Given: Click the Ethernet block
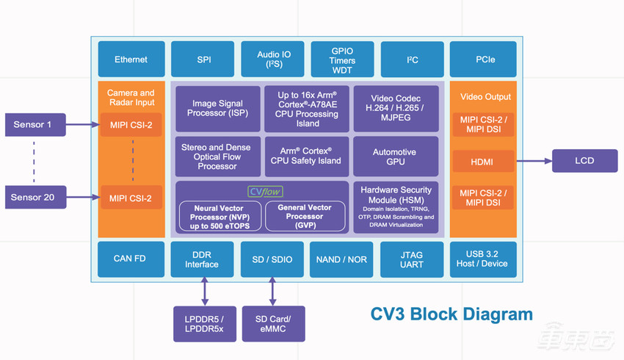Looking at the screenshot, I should coord(131,60).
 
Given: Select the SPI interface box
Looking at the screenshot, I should coord(203,60).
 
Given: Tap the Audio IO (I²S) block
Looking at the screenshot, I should coord(272,60).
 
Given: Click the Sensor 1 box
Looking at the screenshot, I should coord(34,125).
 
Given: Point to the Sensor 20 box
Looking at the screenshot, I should coord(34,197).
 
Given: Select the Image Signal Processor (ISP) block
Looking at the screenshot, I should coord(217,109).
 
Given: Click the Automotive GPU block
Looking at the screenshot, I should coord(395,156).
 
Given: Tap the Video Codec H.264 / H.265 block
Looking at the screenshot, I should coord(395,109).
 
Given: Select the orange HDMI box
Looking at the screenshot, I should coord(482,161).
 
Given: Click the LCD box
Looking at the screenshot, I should coord(584,161).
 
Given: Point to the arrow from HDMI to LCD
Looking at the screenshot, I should coord(532,161).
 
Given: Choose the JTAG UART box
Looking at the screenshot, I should coord(412,259).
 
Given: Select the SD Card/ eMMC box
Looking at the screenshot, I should coord(273,324).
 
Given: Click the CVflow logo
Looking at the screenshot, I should coord(264,191).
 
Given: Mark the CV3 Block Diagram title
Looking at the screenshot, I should coord(450,314).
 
